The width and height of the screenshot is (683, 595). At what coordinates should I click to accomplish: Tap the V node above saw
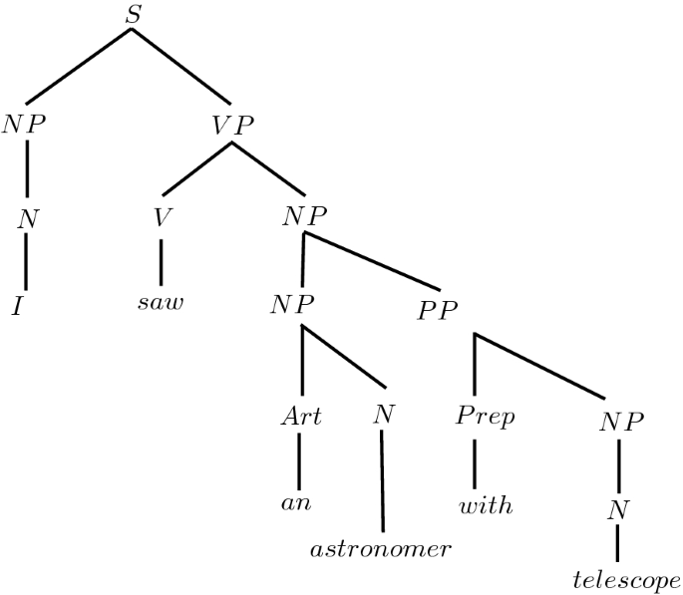click(160, 218)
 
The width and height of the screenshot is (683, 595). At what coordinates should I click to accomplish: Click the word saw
click(161, 302)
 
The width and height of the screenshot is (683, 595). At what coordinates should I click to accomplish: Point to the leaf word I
click(17, 304)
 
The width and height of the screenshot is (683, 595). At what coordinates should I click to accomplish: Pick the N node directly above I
click(27, 219)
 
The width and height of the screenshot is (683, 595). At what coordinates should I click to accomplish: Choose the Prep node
click(485, 417)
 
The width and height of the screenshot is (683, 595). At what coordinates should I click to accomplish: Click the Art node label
click(300, 417)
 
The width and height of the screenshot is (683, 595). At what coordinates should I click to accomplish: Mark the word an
click(296, 504)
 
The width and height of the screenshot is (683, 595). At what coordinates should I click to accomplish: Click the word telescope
click(626, 579)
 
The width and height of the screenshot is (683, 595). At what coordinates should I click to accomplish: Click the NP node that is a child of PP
click(621, 421)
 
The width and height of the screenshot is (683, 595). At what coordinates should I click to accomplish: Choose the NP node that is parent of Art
click(293, 304)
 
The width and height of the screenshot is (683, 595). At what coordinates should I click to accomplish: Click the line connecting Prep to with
click(474, 460)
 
